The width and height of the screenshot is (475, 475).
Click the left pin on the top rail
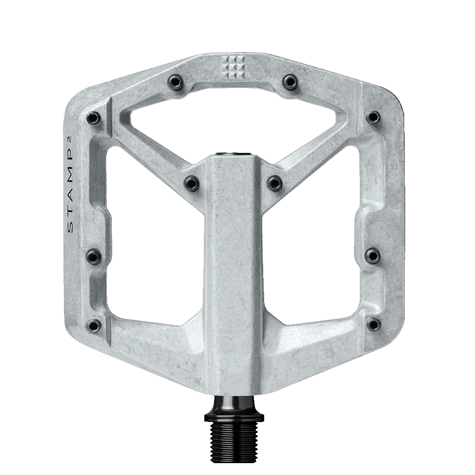click(175, 80)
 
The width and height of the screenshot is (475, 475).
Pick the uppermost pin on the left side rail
click(94, 118)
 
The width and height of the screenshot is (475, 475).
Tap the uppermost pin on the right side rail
click(374, 117)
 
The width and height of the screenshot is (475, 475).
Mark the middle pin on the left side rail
click(94, 256)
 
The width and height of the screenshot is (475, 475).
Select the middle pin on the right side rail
click(374, 255)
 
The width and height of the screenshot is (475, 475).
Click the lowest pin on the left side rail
click(94, 325)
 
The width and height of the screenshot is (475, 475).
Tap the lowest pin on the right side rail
click(374, 324)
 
